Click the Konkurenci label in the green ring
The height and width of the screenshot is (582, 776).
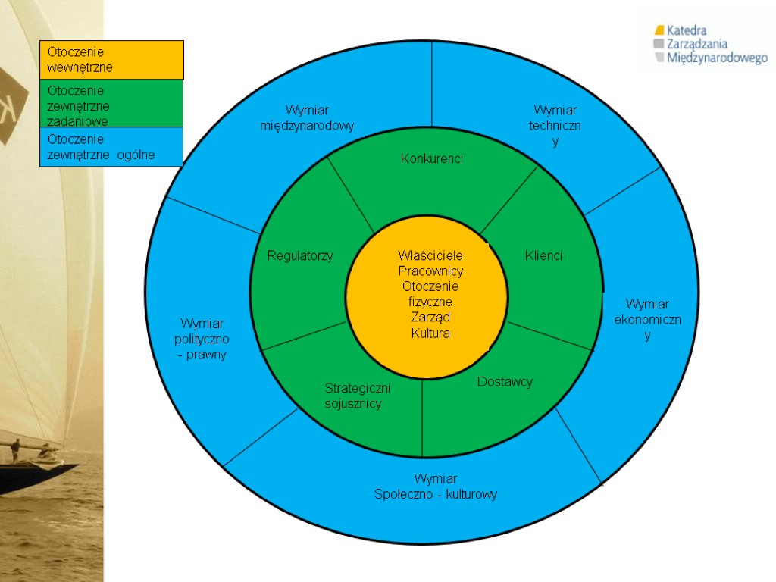coord(431,158)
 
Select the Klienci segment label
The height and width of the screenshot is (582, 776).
coord(543,255)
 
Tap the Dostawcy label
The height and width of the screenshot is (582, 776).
coord(505,381)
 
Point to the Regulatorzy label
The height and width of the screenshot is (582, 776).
coord(299,255)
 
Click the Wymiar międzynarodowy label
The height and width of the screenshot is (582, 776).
coord(307,118)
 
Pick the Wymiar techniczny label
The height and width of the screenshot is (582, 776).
coord(555,126)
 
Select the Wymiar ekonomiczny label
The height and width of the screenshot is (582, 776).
coord(647,319)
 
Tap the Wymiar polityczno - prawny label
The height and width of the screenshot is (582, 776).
coord(202,339)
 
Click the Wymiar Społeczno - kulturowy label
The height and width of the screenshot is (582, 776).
coord(436,487)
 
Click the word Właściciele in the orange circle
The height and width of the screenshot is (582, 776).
coord(430,255)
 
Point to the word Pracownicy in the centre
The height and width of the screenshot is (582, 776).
coord(430,271)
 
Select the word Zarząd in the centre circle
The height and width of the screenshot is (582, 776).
coord(430,317)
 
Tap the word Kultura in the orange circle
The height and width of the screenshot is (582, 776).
coord(430,333)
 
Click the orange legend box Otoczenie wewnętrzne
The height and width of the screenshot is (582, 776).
coord(111,60)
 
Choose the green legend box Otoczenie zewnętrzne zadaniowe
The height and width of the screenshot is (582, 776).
coord(111,104)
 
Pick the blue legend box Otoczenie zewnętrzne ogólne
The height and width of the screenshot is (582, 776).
coord(111,147)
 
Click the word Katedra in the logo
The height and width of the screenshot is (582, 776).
coord(687,30)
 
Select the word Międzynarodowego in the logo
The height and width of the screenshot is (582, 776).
coord(717,58)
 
